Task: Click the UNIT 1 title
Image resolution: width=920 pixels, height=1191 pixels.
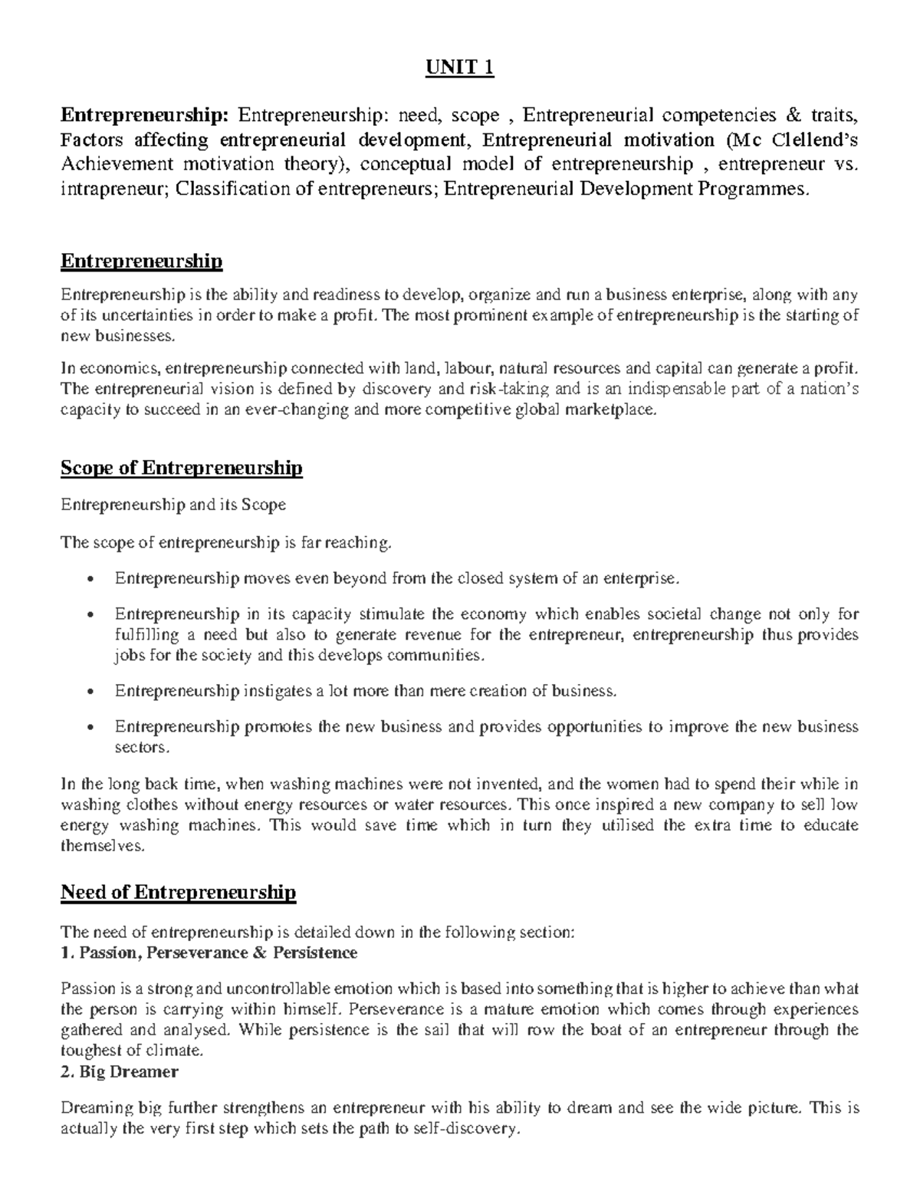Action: [x=460, y=69]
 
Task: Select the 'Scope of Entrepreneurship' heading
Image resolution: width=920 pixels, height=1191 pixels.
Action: [x=181, y=468]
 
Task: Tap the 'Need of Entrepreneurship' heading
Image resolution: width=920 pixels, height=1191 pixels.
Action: [x=178, y=892]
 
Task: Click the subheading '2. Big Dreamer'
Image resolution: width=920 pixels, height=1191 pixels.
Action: [x=119, y=1072]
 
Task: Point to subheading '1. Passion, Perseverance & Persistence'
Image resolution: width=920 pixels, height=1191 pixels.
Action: [x=209, y=953]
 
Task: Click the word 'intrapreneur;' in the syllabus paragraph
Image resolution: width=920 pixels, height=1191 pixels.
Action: [x=114, y=189]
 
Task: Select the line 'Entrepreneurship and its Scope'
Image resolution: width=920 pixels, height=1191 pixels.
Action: [x=173, y=505]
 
